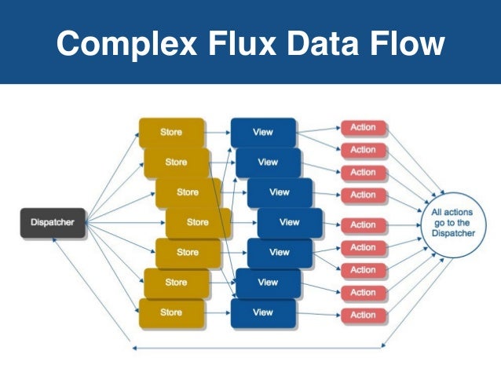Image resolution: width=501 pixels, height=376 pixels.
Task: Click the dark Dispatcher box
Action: click(53, 223)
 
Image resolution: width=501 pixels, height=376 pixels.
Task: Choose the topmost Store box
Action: click(170, 132)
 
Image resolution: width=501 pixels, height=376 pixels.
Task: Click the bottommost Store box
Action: click(170, 312)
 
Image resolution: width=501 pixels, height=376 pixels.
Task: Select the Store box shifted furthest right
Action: click(198, 223)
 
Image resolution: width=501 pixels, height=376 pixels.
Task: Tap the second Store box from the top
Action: click(177, 162)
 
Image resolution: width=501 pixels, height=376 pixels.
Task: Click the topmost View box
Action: click(263, 132)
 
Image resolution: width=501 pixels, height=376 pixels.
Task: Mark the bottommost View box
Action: click(263, 312)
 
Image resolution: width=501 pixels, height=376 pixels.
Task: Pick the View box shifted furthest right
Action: click(290, 223)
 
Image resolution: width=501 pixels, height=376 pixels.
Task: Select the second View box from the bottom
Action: click(268, 283)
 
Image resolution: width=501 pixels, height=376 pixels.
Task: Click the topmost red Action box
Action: click(363, 127)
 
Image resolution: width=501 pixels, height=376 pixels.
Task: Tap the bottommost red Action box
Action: click(363, 315)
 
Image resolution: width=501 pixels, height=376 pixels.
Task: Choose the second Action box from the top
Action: click(363, 150)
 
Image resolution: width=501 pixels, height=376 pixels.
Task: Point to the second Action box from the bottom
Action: click(363, 293)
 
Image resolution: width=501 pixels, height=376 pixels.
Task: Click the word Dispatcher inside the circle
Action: click(452, 235)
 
